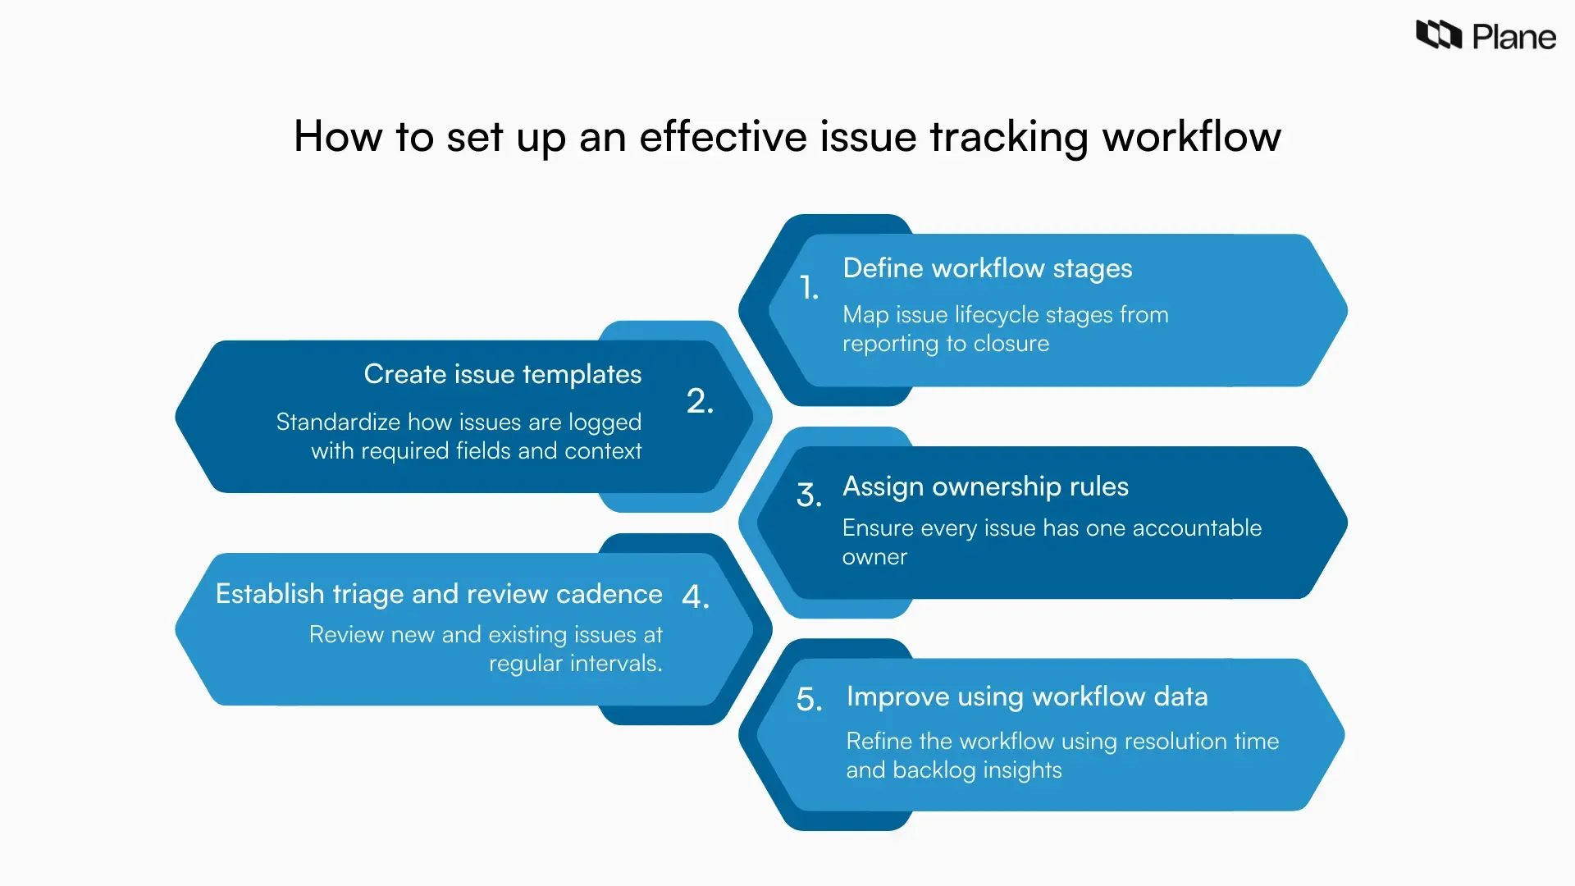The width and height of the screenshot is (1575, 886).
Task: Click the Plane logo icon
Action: click(x=1439, y=35)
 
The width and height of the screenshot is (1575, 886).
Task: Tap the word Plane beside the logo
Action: click(x=1513, y=38)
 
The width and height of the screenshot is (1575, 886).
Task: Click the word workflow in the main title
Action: click(x=1191, y=136)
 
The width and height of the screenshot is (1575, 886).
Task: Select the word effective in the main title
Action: click(x=723, y=136)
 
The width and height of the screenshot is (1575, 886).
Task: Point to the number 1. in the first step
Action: click(x=809, y=287)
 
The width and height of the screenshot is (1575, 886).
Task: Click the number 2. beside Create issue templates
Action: click(x=700, y=401)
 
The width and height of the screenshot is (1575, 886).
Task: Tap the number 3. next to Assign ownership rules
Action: click(x=809, y=495)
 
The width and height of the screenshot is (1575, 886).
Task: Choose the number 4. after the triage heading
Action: click(x=695, y=596)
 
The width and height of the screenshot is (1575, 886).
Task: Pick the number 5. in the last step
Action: click(x=809, y=699)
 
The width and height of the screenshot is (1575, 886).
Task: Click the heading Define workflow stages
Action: click(x=987, y=268)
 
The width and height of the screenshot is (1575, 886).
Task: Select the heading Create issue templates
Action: click(x=502, y=374)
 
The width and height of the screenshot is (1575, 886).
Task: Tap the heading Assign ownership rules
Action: click(x=985, y=486)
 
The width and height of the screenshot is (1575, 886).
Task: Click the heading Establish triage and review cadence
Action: click(x=438, y=594)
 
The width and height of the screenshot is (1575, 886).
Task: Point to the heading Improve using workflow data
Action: click(x=1027, y=696)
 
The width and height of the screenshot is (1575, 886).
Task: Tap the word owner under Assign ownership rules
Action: click(x=874, y=557)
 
